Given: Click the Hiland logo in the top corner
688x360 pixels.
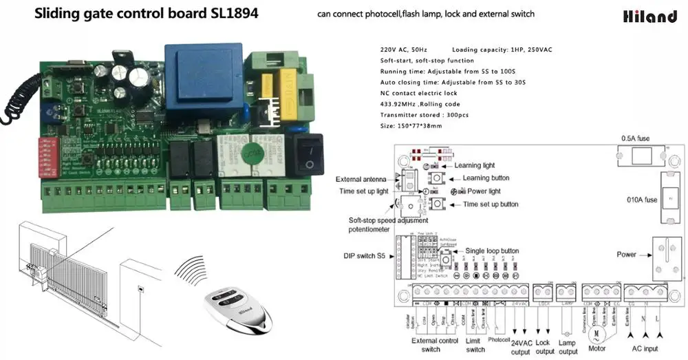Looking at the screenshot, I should [650, 15].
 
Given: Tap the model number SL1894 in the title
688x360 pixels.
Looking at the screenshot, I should [232, 13].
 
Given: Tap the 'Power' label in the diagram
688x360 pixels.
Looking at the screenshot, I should [626, 255].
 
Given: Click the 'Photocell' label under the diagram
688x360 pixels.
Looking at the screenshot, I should [499, 339].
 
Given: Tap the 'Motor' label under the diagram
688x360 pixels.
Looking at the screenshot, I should [598, 348].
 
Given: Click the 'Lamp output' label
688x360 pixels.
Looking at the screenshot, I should [568, 347].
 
